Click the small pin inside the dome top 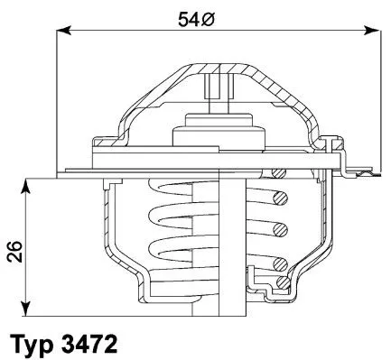(x=214, y=88)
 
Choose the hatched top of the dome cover (x=214, y=68)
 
